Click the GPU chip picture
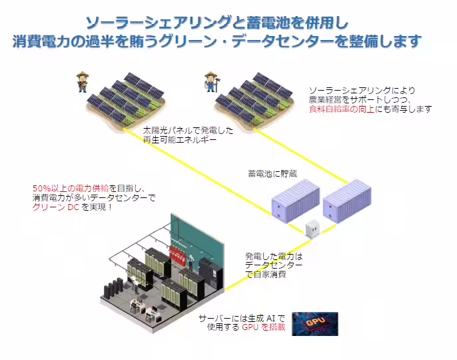[315, 323]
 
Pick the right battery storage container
[346, 199]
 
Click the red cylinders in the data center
[178, 253]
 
